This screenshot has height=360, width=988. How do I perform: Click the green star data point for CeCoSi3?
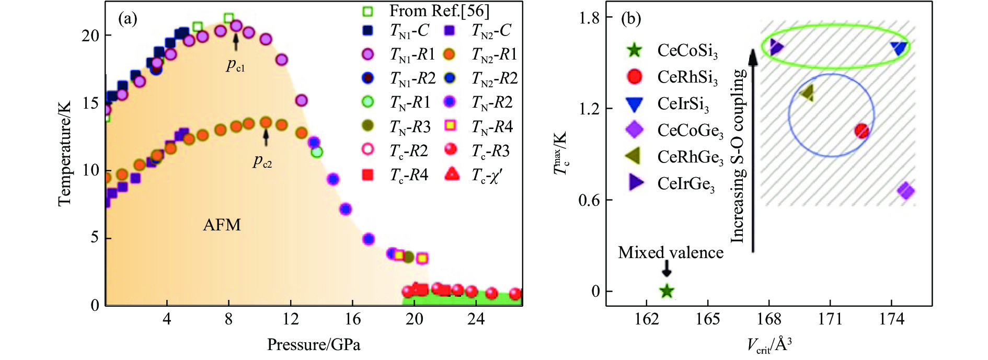click(667, 291)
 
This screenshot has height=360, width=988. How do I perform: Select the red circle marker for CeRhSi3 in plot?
click(861, 131)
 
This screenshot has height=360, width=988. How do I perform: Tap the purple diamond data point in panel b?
click(906, 191)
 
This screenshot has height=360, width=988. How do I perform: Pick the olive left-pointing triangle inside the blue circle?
click(807, 94)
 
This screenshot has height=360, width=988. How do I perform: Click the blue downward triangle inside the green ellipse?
click(899, 48)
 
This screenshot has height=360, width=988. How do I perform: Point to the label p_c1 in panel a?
click(235, 65)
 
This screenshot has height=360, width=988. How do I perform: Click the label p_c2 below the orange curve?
click(262, 161)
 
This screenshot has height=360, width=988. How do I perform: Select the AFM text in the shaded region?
click(222, 225)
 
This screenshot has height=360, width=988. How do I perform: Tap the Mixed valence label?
click(671, 253)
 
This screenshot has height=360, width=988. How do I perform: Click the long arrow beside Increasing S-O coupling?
click(753, 152)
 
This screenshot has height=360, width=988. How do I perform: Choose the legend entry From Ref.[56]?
click(439, 10)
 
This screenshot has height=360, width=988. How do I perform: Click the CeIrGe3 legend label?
click(686, 184)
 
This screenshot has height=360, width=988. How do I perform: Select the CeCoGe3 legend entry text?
click(690, 131)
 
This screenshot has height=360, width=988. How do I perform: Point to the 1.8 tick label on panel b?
click(589, 18)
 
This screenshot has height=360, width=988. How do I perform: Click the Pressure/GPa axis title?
click(314, 345)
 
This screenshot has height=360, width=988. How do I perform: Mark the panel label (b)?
click(630, 19)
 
